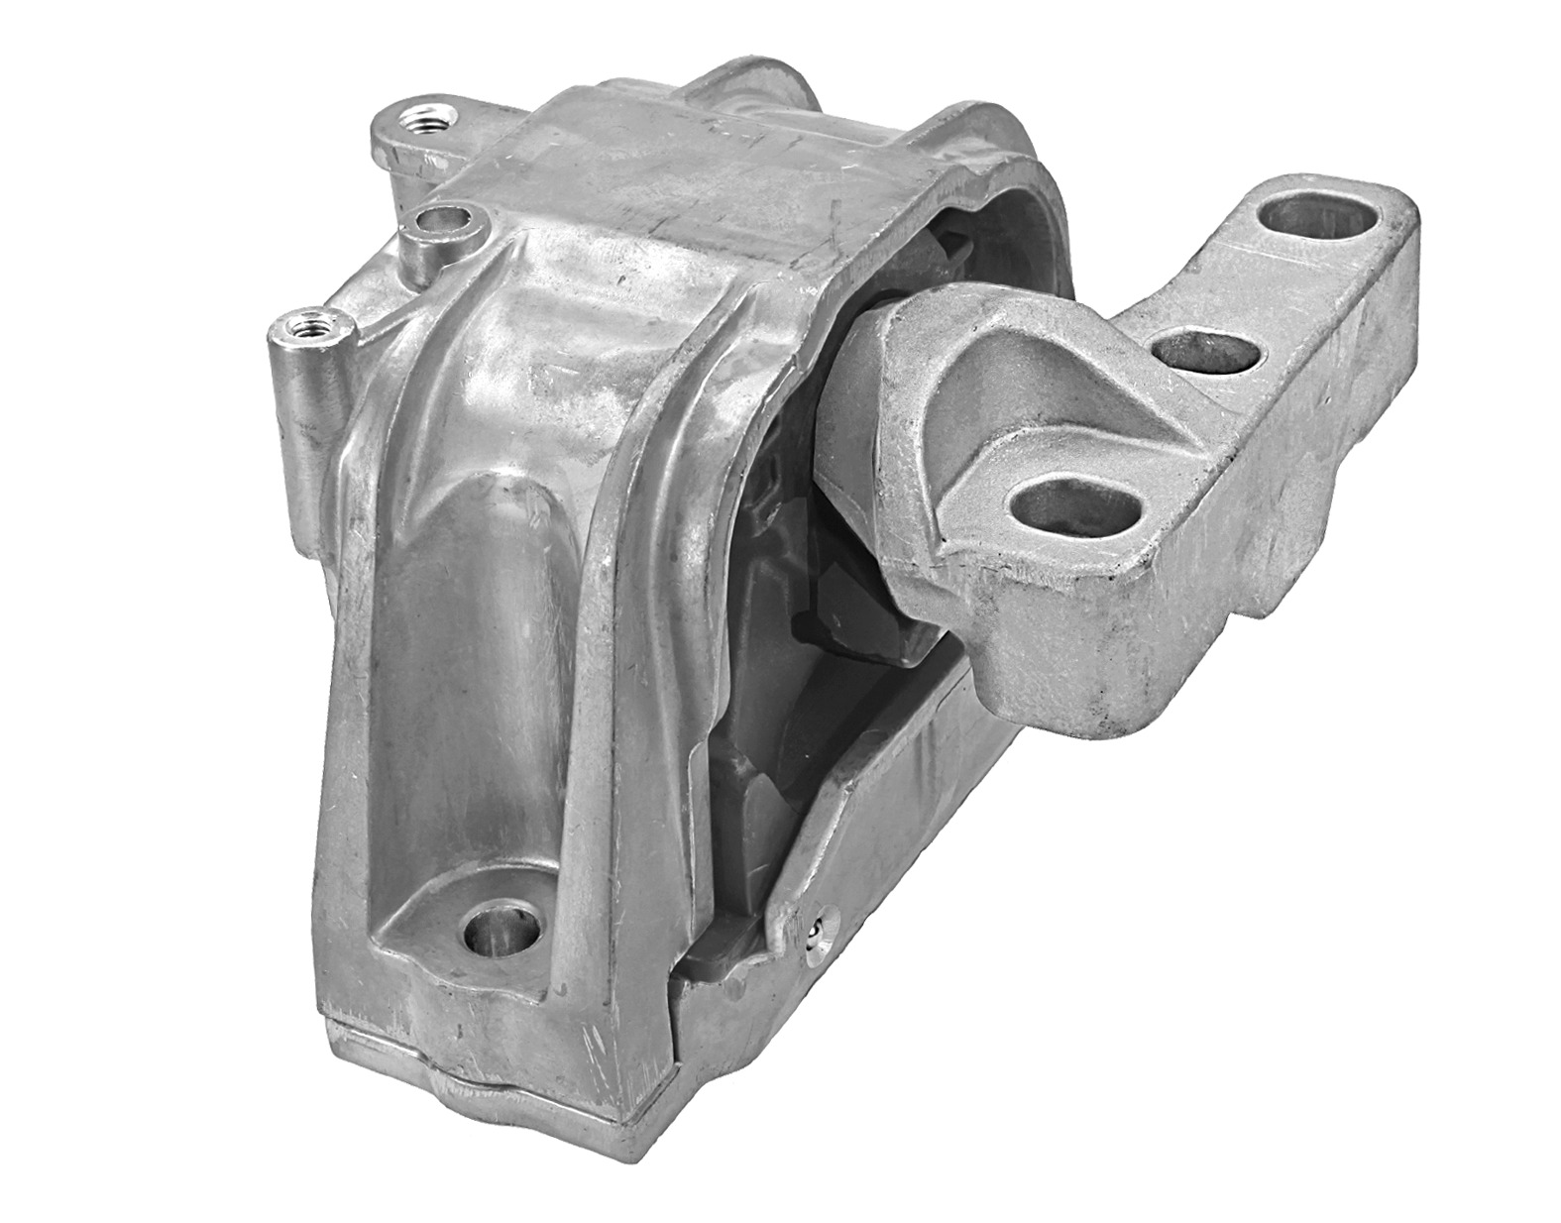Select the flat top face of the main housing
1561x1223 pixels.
coord(684,168)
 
